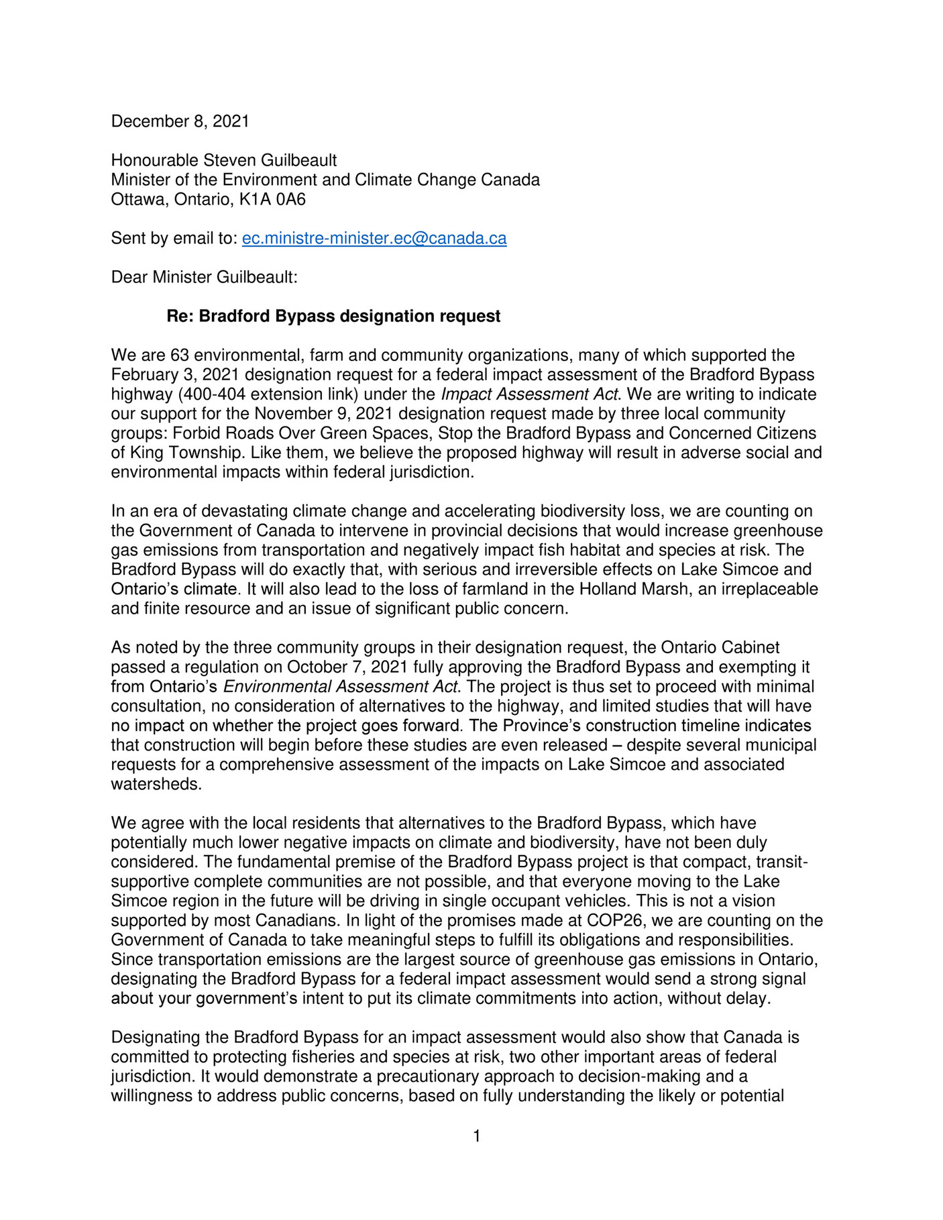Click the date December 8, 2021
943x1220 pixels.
point(180,121)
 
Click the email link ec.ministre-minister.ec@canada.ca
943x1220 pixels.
point(374,238)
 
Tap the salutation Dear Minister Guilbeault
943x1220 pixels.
point(204,277)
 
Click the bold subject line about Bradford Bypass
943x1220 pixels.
point(333,316)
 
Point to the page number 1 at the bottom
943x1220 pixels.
point(476,1135)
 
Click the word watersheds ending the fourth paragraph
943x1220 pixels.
point(156,783)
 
